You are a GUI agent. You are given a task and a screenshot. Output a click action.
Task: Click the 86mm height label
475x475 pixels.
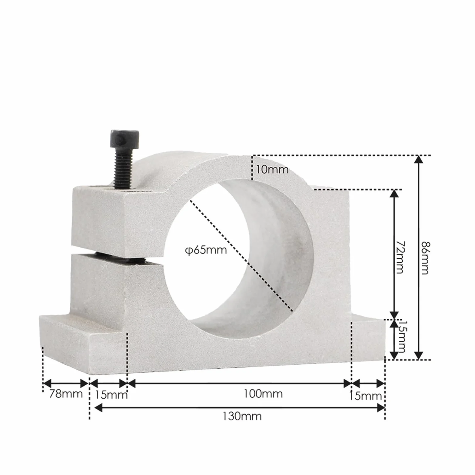pyautogui.click(x=425, y=258)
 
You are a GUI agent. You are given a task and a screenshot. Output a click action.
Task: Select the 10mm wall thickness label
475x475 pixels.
pyautogui.click(x=272, y=169)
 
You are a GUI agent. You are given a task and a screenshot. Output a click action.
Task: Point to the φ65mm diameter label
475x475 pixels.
pyautogui.click(x=206, y=250)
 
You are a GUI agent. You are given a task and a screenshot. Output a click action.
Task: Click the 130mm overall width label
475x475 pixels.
pyautogui.click(x=242, y=416)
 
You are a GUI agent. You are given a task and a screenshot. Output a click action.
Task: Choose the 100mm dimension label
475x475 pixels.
pyautogui.click(x=263, y=394)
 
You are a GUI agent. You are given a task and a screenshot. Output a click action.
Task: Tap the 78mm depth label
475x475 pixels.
pyautogui.click(x=66, y=394)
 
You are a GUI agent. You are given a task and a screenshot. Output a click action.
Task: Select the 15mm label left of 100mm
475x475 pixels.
pyautogui.click(x=111, y=395)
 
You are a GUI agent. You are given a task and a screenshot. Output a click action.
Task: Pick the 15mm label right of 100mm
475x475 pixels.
pyautogui.click(x=365, y=396)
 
